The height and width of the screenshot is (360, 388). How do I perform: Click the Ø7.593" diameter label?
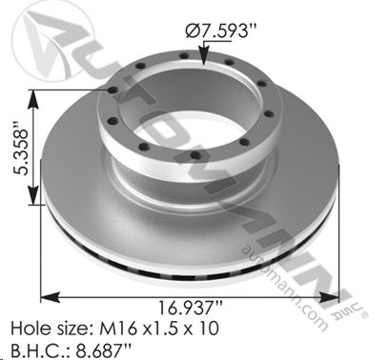221,30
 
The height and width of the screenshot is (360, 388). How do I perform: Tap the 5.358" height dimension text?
20,148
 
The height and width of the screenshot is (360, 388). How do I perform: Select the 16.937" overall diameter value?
190,309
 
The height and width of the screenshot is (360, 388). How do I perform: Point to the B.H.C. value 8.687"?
103,350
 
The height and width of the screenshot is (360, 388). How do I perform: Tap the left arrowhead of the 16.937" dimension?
51,297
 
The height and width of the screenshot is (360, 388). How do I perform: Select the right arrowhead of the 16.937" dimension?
330,297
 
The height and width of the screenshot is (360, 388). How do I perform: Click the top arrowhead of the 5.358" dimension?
33,99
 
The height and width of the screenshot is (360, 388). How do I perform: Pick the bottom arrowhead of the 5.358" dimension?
33,195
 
